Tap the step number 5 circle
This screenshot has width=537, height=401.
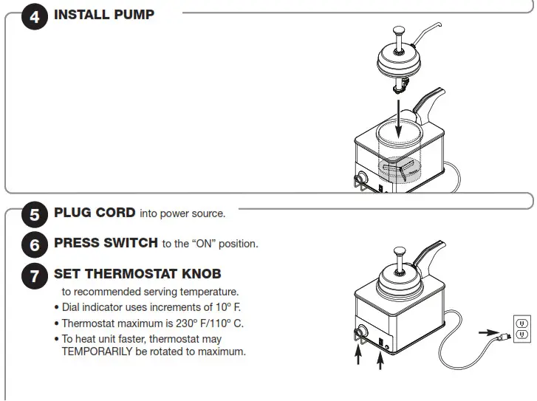point(35,215)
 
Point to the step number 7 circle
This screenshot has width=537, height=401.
point(35,276)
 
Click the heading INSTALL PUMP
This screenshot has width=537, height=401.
point(104,15)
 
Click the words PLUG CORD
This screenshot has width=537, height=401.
point(95,213)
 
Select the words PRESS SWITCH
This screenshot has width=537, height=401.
point(106,243)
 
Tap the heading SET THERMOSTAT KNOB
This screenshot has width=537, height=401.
point(137,274)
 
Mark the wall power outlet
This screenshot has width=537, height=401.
point(522,329)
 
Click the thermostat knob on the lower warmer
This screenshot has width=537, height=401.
point(361,332)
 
